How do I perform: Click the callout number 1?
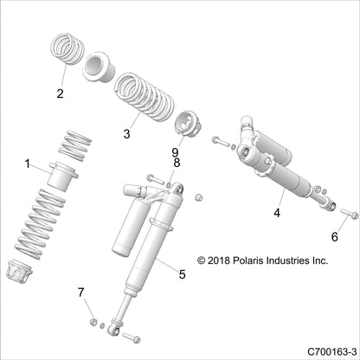tap(28, 164)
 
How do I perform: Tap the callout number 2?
tap(61, 94)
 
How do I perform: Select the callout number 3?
tap(126, 133)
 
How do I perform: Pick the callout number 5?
tap(182, 274)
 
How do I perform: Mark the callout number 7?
tap(81, 291)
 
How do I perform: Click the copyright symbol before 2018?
tap(203, 259)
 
